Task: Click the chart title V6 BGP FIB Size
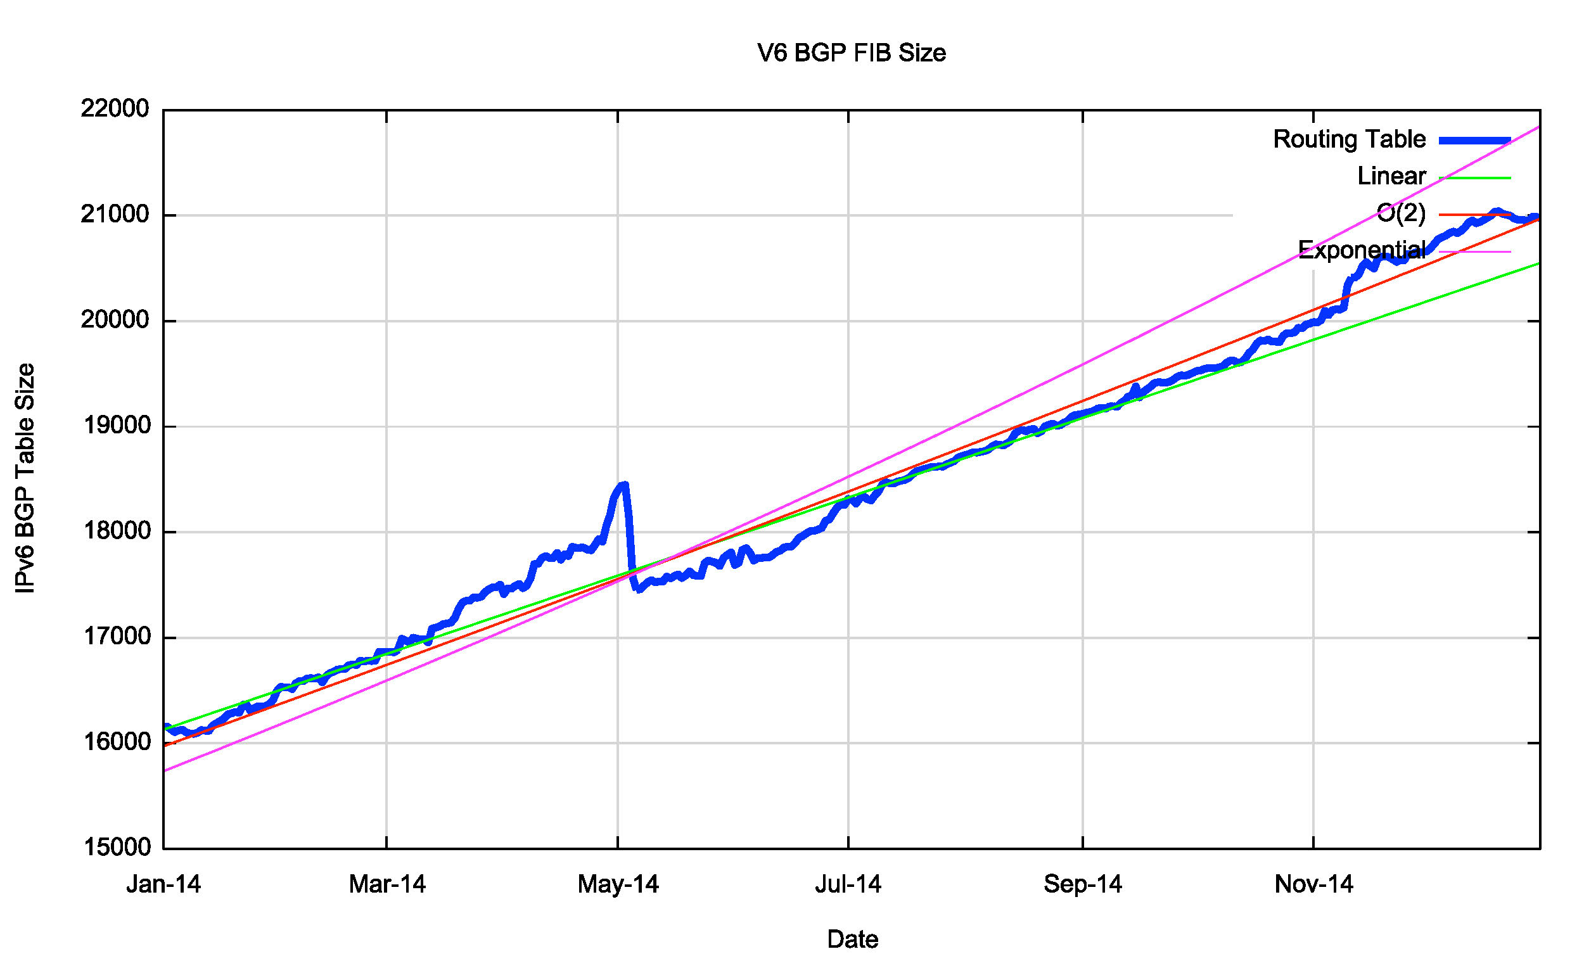[x=851, y=53]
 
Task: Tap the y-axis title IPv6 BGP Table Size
[x=25, y=478]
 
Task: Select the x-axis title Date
[x=852, y=939]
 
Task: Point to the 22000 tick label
[x=115, y=108]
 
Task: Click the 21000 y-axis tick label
[x=115, y=214]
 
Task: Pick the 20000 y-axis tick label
[x=115, y=319]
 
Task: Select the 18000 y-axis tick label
[x=115, y=531]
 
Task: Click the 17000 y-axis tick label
[x=115, y=636]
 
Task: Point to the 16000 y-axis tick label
[x=115, y=742]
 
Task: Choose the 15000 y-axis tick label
[x=115, y=847]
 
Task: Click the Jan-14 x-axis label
[x=163, y=884]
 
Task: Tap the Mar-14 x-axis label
[x=387, y=884]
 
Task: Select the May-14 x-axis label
[x=618, y=884]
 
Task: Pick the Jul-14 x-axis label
[x=848, y=884]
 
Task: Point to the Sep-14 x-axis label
[x=1083, y=884]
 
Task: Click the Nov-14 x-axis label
[x=1313, y=884]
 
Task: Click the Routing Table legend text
[x=1349, y=139]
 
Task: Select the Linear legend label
[x=1391, y=176]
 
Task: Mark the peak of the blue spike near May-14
[x=623, y=484]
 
